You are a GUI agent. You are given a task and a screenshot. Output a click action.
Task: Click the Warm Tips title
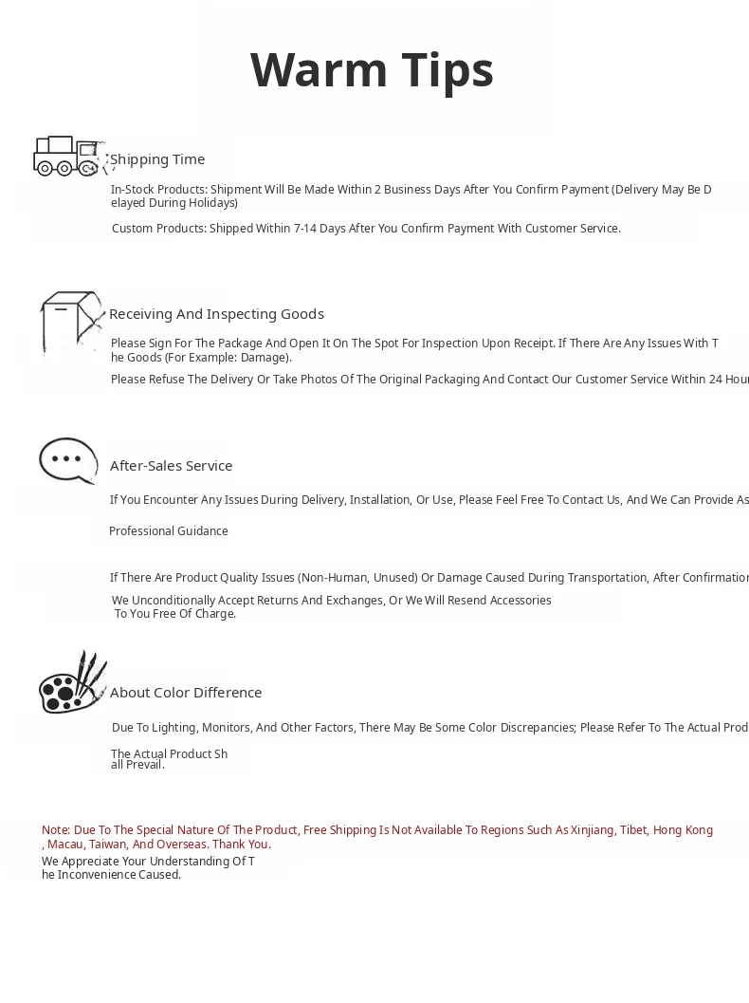point(372,70)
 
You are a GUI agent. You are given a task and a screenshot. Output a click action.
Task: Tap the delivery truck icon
point(66,157)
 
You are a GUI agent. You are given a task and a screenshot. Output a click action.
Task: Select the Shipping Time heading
point(157,159)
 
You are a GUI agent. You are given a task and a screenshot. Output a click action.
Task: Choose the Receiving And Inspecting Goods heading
point(216,314)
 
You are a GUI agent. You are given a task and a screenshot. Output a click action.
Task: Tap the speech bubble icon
point(68,460)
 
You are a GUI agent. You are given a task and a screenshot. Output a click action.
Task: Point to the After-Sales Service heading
point(171,466)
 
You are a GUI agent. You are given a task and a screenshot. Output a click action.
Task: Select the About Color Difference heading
point(186,693)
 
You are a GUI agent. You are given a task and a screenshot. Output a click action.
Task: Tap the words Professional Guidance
point(169,531)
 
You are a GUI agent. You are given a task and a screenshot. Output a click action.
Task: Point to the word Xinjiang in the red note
point(593,830)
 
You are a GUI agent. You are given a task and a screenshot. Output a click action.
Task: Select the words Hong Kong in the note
point(683,830)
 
